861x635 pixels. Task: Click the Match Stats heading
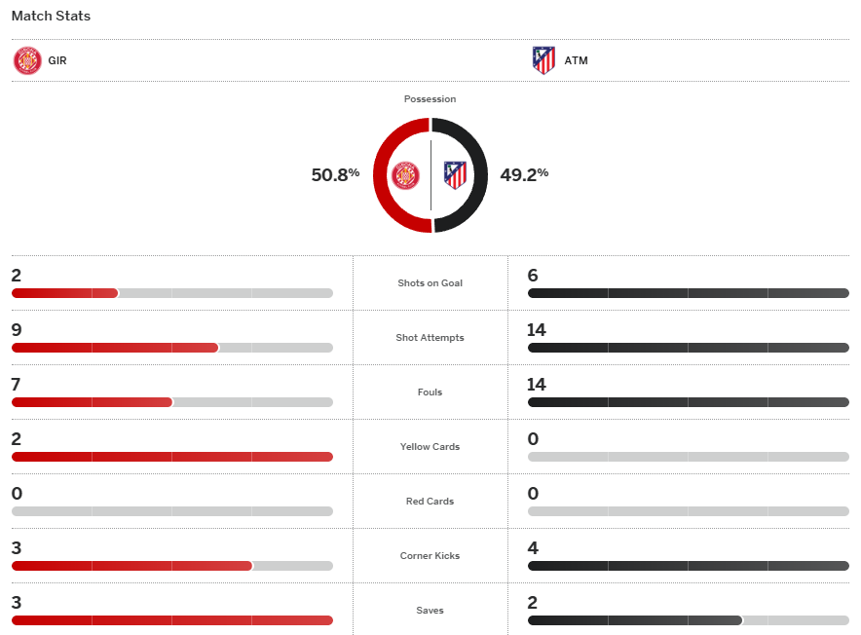point(51,17)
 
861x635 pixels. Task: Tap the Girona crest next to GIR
point(26,60)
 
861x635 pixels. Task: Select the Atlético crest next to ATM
point(543,60)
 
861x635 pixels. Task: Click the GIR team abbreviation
point(57,60)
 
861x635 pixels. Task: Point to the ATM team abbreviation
point(576,60)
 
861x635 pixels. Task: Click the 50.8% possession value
point(335,175)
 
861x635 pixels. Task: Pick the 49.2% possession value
point(524,175)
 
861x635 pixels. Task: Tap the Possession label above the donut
point(430,99)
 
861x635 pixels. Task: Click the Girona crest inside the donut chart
point(405,175)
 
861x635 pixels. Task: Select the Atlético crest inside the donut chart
point(455,175)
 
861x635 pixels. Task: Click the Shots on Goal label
point(430,283)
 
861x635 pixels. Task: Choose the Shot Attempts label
point(430,338)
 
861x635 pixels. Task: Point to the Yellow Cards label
point(430,447)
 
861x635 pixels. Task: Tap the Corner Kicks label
point(430,556)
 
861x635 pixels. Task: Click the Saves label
point(430,611)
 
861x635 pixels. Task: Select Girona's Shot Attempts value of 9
point(17,330)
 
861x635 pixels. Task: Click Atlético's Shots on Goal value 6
point(533,276)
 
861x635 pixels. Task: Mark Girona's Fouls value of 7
point(17,385)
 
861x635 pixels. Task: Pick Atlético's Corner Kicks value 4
point(533,548)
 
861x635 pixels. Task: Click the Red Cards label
point(430,502)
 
